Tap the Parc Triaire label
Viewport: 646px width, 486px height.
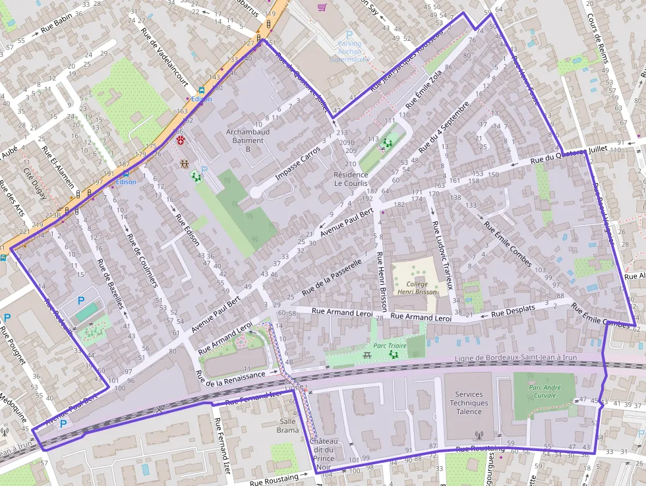coord(388,344)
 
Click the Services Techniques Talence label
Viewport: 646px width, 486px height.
coord(469,403)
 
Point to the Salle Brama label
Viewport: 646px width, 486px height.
coord(287,425)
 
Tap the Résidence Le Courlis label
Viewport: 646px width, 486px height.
coord(351,179)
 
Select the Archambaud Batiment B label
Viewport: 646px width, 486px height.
coord(248,140)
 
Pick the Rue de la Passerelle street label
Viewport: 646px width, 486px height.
coord(332,277)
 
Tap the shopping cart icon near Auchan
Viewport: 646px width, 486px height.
coord(322,7)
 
